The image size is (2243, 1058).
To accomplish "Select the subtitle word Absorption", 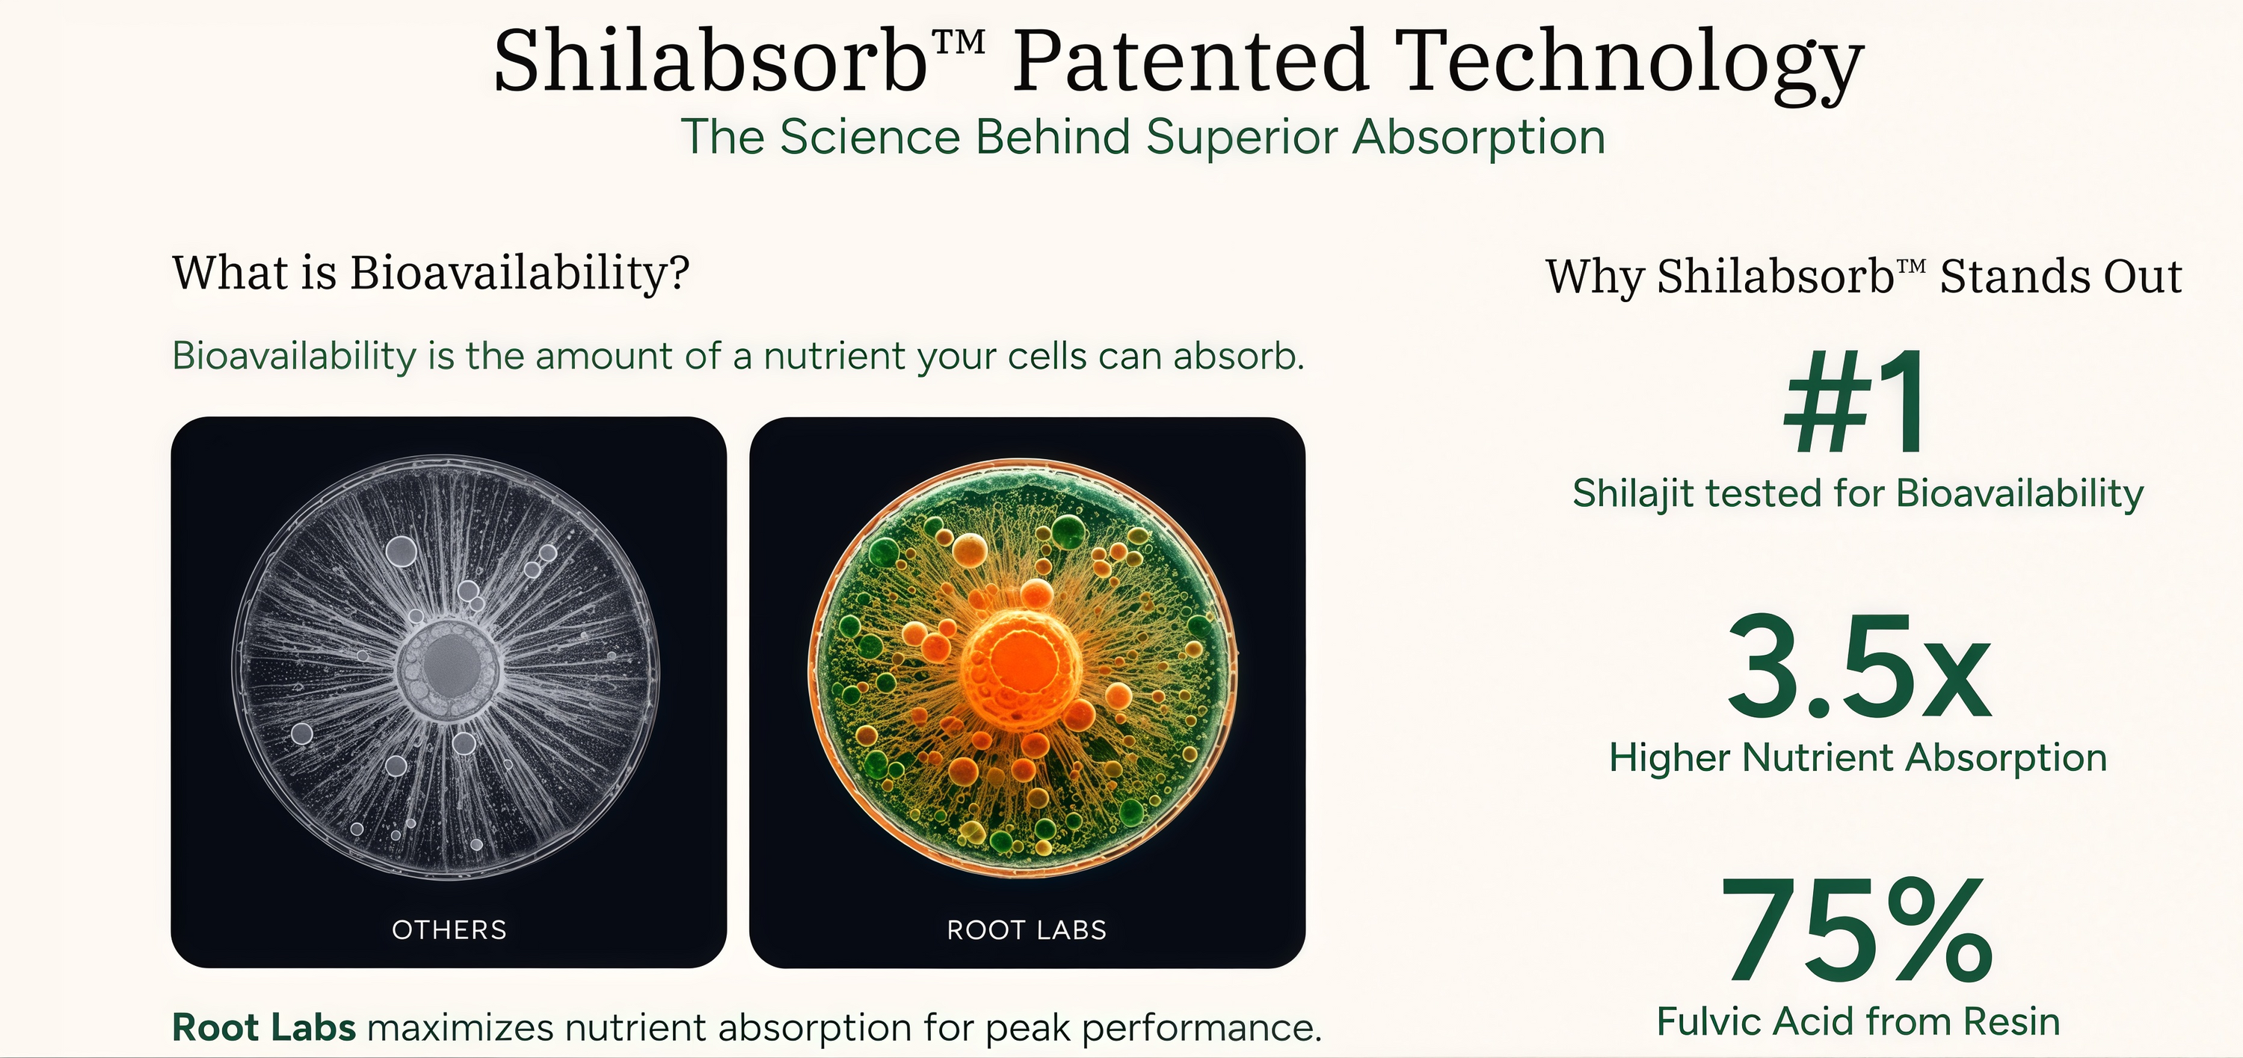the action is [x=1478, y=137].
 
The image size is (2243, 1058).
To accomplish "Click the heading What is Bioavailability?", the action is [x=431, y=274].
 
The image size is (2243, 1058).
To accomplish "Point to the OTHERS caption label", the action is [x=449, y=930].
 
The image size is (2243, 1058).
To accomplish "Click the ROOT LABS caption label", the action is [x=1027, y=930].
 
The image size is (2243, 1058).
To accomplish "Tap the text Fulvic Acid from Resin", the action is [x=1858, y=1021].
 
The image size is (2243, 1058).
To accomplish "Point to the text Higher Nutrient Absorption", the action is [x=1858, y=757].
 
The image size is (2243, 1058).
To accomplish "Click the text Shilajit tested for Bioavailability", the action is [x=1858, y=493].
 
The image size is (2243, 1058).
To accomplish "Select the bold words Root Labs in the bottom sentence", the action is [x=264, y=1027].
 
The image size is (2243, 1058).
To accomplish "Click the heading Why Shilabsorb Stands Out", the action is [x=1864, y=277].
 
